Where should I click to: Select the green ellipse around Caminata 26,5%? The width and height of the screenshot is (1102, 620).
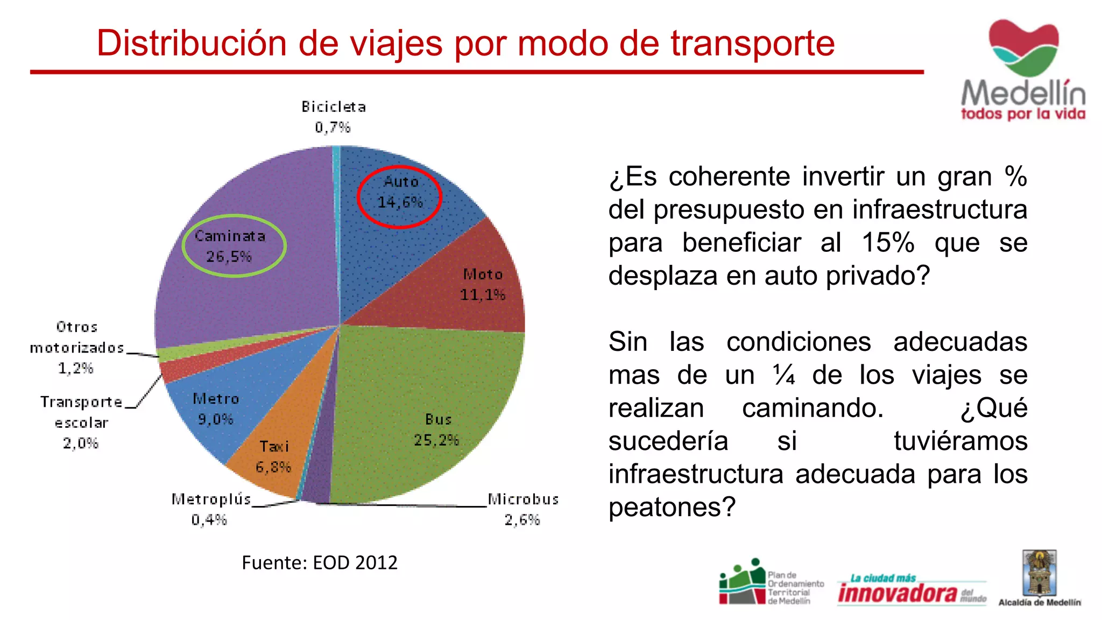[x=234, y=246]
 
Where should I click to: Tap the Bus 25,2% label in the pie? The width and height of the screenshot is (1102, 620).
[x=437, y=429]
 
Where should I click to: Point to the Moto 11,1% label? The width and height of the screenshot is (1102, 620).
[x=483, y=285]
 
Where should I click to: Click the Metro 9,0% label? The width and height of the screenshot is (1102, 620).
[x=216, y=408]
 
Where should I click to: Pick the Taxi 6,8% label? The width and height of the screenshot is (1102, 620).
[x=273, y=456]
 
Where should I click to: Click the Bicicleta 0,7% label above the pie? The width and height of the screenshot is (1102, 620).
[x=334, y=117]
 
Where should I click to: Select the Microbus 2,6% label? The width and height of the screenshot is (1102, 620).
[x=523, y=509]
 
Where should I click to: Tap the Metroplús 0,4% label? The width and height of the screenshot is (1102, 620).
[x=211, y=509]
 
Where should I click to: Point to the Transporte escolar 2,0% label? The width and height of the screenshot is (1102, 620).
[x=81, y=422]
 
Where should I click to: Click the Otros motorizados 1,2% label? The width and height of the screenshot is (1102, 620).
[x=76, y=348]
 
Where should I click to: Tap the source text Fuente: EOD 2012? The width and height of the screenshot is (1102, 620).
[x=320, y=562]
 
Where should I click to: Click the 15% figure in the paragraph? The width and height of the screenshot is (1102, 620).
[x=888, y=243]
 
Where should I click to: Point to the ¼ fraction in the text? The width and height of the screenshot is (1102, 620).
[x=784, y=375]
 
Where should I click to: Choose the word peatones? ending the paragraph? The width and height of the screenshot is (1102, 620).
[x=672, y=507]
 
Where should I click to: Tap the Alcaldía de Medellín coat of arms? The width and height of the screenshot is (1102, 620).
[x=1040, y=573]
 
